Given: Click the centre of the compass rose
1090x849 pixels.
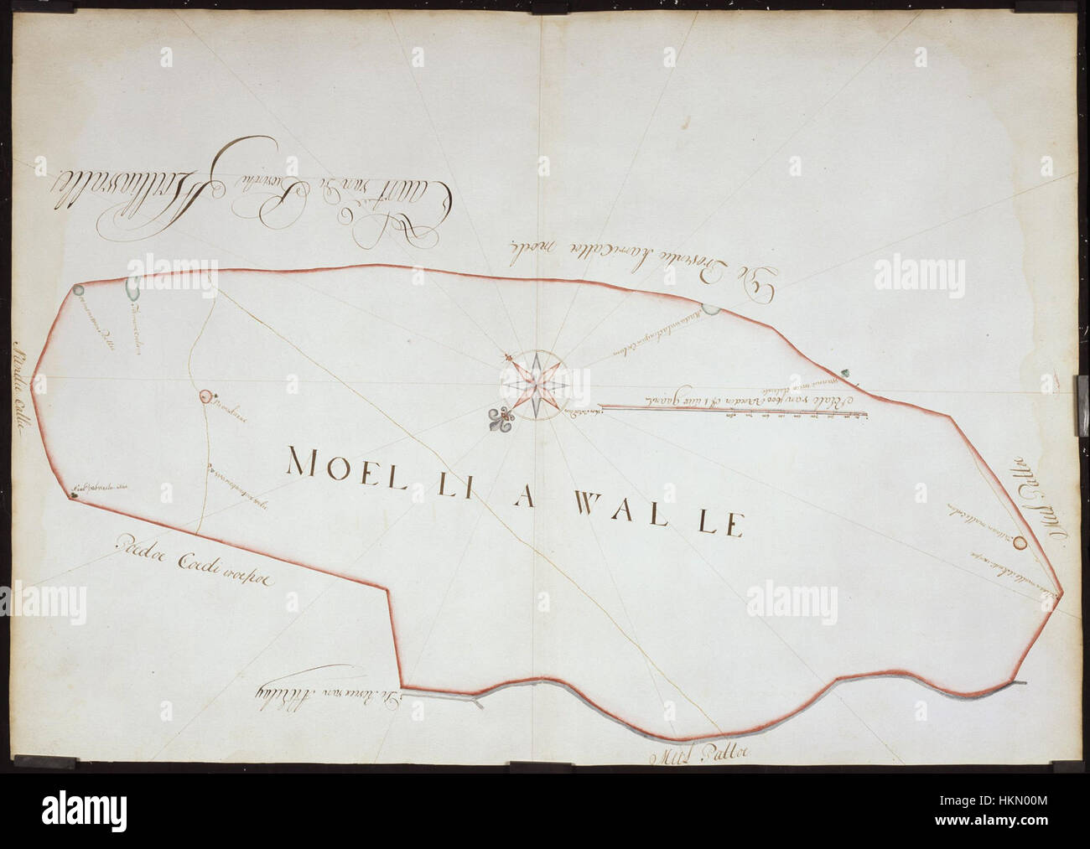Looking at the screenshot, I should click(537, 385).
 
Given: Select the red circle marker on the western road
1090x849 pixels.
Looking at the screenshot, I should click(205, 396).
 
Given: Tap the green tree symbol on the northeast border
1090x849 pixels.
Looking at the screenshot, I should click(846, 372).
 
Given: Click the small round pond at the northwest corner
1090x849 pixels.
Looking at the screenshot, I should click(77, 290).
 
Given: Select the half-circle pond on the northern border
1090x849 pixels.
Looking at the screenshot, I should click(710, 310).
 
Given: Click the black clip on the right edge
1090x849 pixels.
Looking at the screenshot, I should click(1081, 389).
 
